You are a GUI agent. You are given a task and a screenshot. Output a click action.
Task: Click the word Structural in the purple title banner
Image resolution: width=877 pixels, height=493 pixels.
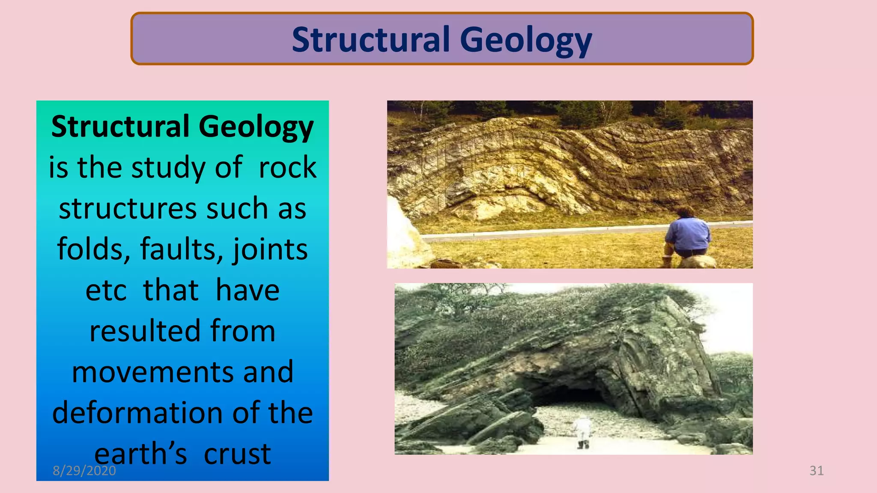click(x=371, y=40)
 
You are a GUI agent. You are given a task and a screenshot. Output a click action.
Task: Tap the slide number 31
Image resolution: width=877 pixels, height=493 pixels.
click(x=816, y=471)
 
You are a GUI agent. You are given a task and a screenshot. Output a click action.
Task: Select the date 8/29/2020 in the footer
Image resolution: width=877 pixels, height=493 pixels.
click(x=84, y=471)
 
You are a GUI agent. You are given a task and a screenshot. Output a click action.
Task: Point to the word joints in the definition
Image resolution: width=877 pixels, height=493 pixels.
click(x=270, y=249)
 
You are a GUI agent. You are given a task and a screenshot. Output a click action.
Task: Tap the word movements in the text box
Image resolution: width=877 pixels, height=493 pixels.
click(x=152, y=372)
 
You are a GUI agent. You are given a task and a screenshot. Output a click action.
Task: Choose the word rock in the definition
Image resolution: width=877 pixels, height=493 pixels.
click(x=287, y=167)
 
